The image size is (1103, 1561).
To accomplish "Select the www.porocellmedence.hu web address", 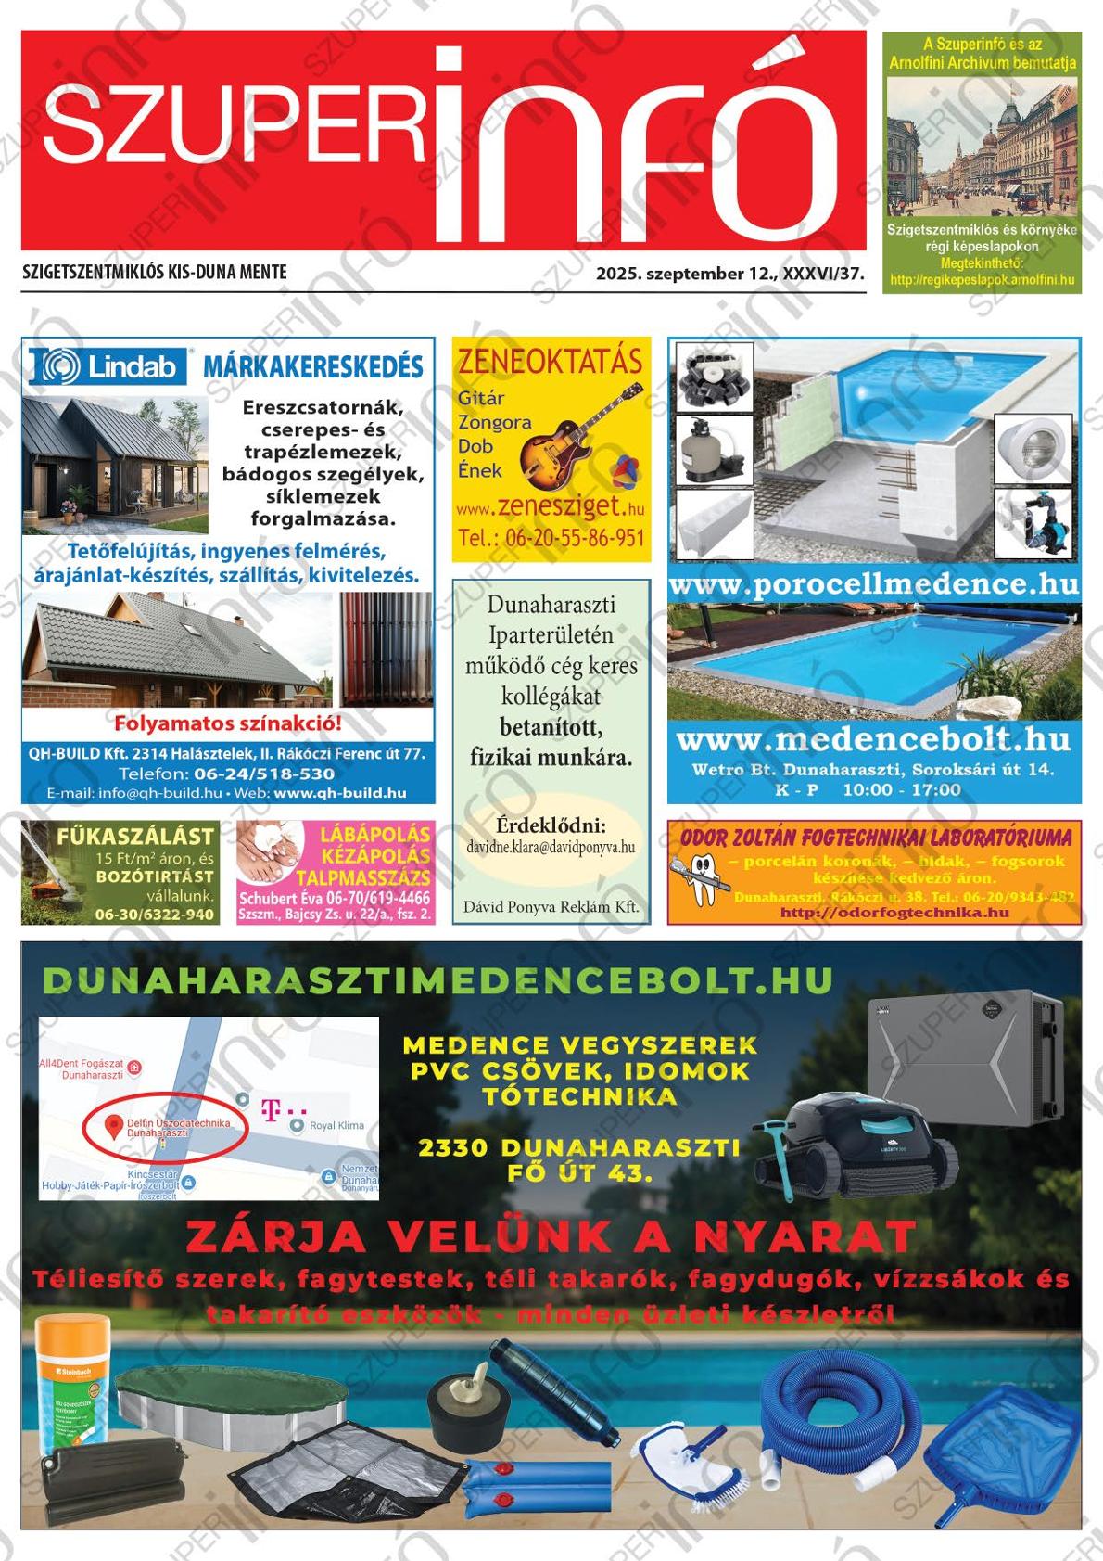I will [x=873, y=584].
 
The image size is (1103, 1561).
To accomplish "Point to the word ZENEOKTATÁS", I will [x=551, y=361].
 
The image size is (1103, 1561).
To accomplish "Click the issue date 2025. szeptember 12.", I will [x=686, y=274].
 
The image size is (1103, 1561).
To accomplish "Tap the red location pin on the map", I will [x=114, y=1127].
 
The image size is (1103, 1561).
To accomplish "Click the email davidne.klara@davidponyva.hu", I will [x=551, y=848].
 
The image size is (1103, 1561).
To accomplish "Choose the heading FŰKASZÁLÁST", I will [x=135, y=836].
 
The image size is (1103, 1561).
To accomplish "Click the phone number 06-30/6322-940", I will [x=154, y=915].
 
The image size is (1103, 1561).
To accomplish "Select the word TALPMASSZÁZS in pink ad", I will [x=363, y=877].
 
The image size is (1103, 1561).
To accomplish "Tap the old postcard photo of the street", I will [x=982, y=148].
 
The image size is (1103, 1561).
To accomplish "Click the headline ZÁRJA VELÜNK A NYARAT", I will [x=551, y=1235].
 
